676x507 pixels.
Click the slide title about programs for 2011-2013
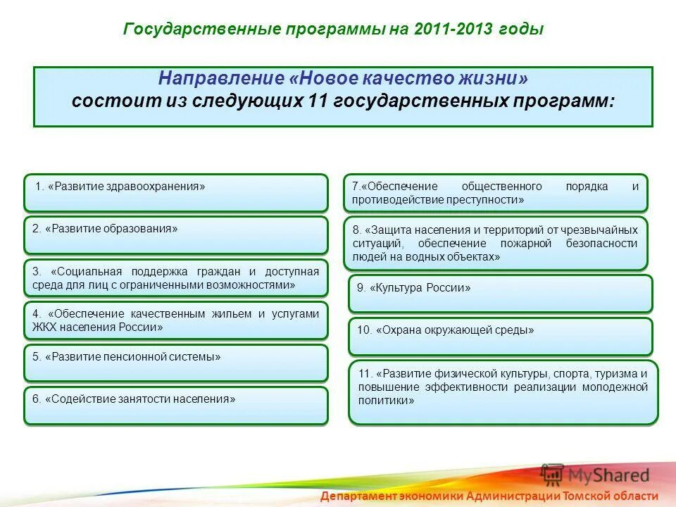tap(334, 30)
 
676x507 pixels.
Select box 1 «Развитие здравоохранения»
tap(176, 193)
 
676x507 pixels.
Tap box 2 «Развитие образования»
tap(176, 235)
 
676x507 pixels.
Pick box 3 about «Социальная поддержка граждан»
tap(176, 278)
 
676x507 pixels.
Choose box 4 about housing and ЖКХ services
tap(176, 320)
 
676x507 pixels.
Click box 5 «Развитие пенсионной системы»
tap(176, 363)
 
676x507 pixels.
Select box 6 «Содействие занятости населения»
tap(176, 406)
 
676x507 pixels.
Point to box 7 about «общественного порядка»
tap(495, 193)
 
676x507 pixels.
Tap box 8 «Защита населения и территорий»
tap(495, 243)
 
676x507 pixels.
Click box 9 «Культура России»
tap(500, 294)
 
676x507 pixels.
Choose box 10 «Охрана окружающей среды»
tap(500, 337)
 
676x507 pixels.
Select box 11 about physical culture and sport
tap(503, 393)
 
